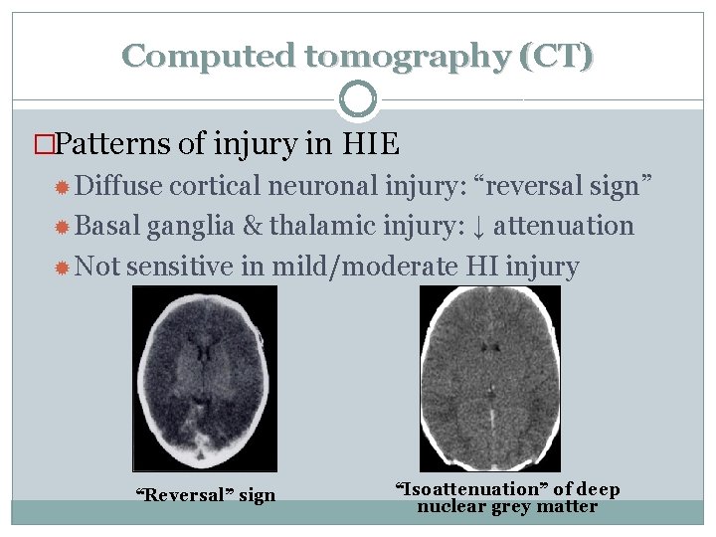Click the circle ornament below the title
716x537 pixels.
(x=358, y=99)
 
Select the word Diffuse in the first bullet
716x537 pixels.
(x=118, y=186)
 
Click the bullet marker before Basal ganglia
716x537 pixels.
(x=62, y=227)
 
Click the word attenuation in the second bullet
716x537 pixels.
(x=563, y=226)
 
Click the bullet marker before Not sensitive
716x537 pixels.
(x=62, y=267)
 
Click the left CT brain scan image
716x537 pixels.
(x=204, y=378)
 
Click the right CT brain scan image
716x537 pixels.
(x=489, y=378)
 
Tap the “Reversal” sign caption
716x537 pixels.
(x=205, y=495)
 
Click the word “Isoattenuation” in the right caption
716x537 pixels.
(x=455, y=489)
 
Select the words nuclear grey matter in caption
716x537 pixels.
(x=507, y=506)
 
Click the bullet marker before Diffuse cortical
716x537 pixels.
(x=62, y=187)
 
